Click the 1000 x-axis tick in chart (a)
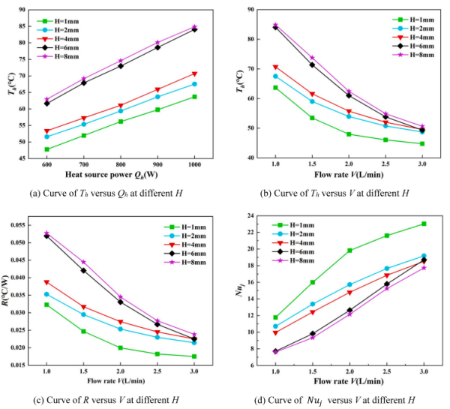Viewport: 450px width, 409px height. click(195, 165)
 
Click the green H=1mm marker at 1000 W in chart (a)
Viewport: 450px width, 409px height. click(195, 97)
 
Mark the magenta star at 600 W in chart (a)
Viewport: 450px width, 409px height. click(46, 99)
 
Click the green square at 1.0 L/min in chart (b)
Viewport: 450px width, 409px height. click(276, 88)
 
